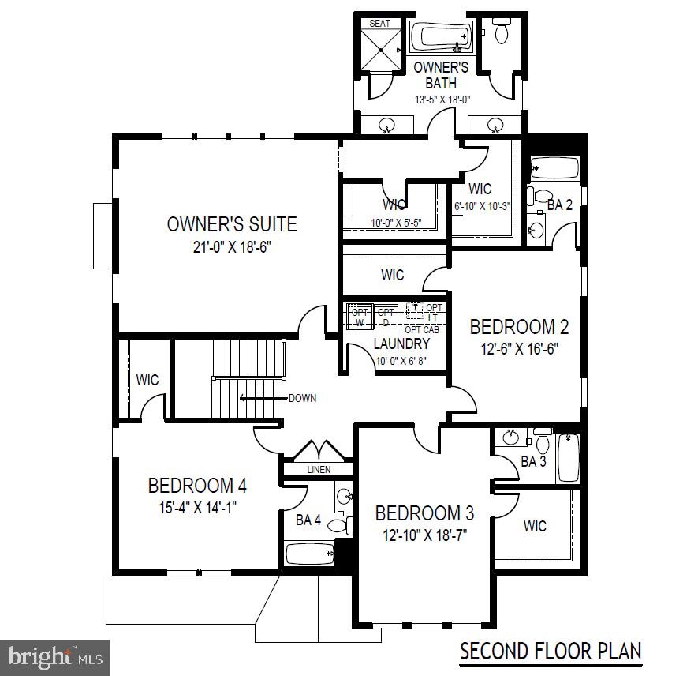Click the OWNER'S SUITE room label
(232, 224)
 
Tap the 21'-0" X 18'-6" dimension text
(232, 246)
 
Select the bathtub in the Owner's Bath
(441, 37)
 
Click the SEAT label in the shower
(379, 24)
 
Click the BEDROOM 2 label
(519, 326)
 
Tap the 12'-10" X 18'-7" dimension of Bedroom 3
(421, 535)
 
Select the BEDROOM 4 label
(192, 485)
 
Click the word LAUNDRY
(401, 344)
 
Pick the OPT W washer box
(359, 317)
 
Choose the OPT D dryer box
(386, 317)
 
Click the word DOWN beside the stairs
(302, 398)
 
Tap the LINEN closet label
(319, 470)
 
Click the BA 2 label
(559, 205)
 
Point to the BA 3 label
(534, 461)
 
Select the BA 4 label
(308, 520)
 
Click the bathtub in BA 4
(309, 553)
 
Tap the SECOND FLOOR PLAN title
(551, 652)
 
